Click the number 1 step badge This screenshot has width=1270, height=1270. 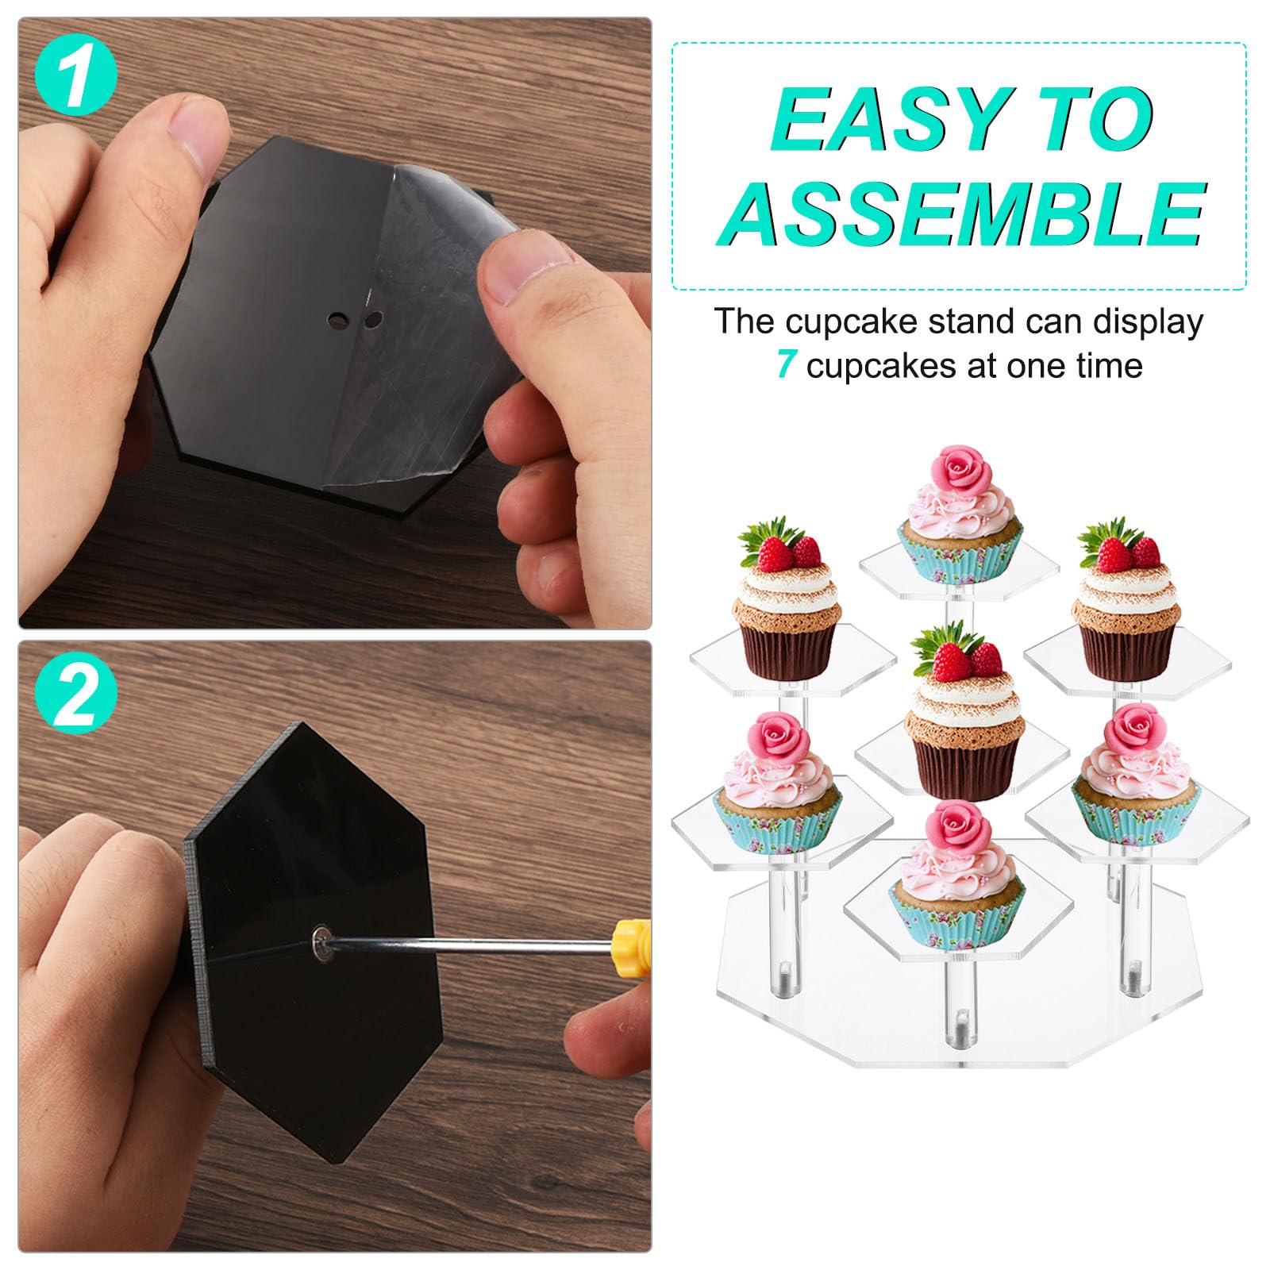pos(76,76)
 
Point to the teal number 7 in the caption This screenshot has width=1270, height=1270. pos(786,365)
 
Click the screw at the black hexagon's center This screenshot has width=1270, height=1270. pos(322,943)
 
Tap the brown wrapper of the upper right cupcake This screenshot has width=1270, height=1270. pos(1126,648)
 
